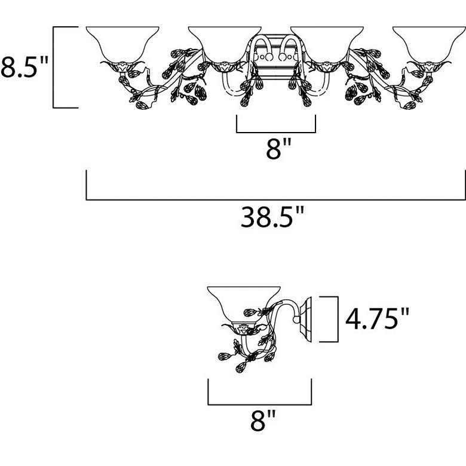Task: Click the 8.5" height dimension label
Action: (x=24, y=67)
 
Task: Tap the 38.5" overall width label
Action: (x=272, y=217)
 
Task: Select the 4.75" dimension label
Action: (x=377, y=318)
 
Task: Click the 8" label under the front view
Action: (x=279, y=149)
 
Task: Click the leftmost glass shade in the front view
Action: (x=122, y=44)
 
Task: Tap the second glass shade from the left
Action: (x=225, y=44)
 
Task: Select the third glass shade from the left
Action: (x=327, y=44)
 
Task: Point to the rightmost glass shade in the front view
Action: (x=429, y=44)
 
